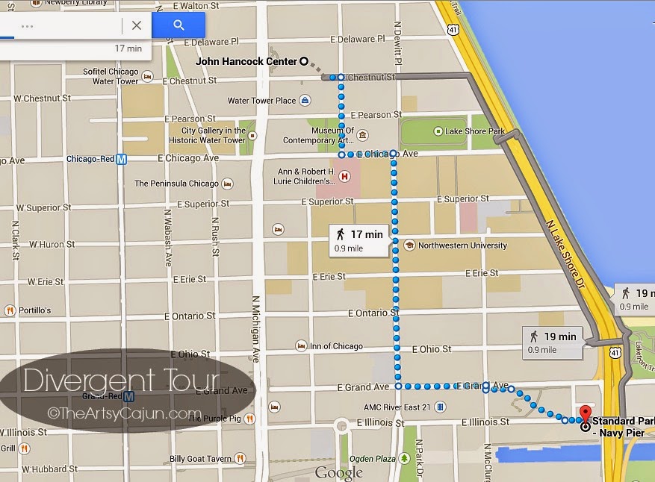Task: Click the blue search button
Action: coord(179,25)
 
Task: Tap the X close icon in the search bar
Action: coord(136,25)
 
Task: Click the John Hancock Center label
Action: coord(246,62)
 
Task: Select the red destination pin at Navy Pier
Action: coord(584,416)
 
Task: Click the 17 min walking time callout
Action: coord(359,240)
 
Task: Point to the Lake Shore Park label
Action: coord(475,131)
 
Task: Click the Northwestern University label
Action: coord(462,245)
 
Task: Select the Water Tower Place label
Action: coord(261,101)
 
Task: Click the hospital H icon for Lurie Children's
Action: coord(344,177)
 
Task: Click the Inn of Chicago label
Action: coord(336,346)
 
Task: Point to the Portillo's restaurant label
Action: coord(34,310)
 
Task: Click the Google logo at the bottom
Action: coord(338,472)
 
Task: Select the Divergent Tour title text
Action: coord(121,381)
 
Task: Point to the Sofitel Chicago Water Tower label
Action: coord(111,77)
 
